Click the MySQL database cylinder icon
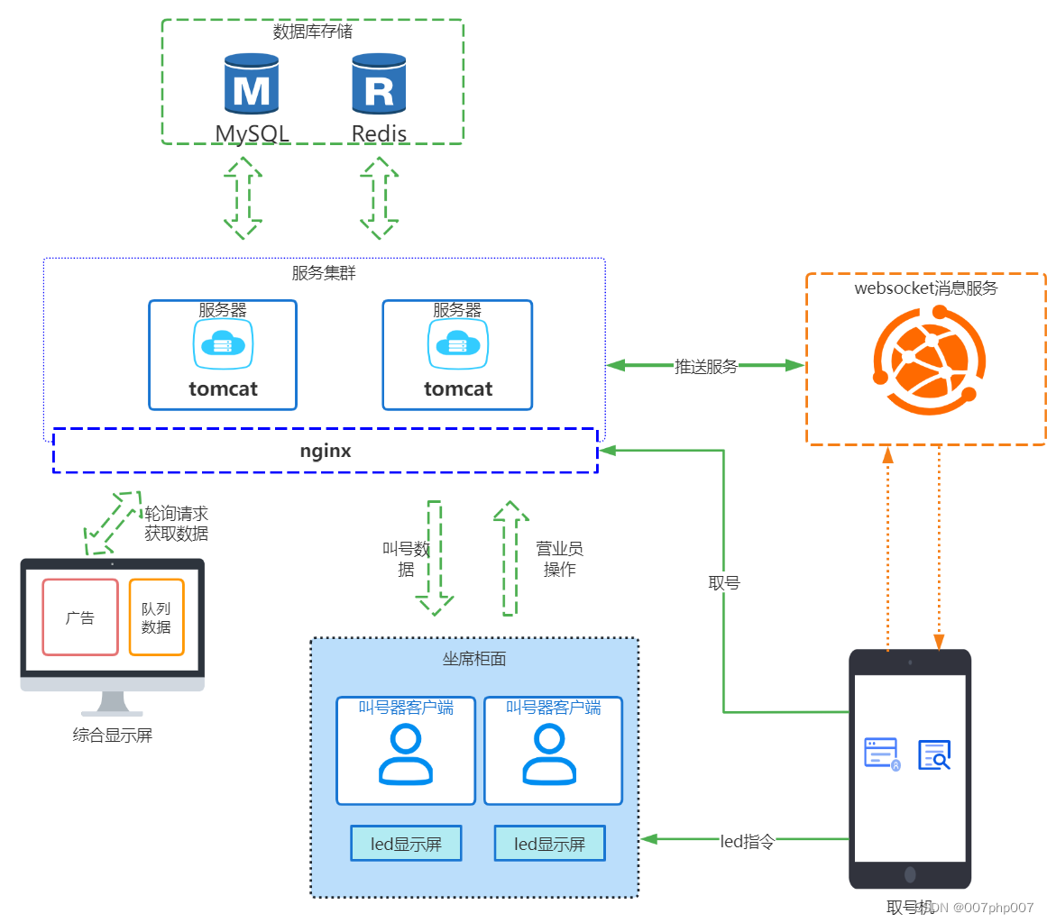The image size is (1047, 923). tap(251, 87)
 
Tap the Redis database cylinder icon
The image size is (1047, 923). tap(379, 87)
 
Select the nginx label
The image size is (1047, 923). tap(326, 451)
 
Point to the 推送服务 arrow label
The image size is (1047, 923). tap(706, 366)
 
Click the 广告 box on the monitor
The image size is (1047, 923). tap(80, 617)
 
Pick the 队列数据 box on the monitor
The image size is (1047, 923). tap(156, 617)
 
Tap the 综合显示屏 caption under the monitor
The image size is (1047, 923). tap(113, 736)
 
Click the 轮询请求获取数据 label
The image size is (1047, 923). tap(177, 523)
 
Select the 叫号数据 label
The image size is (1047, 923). tap(407, 559)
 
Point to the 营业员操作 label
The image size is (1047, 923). tap(559, 559)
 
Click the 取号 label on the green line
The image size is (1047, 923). tap(724, 583)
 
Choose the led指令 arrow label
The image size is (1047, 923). tap(747, 842)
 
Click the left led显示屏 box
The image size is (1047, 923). tap(406, 844)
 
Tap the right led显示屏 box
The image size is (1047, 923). tap(549, 844)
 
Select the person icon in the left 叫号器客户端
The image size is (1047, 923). tap(406, 754)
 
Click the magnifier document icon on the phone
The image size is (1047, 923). tap(934, 754)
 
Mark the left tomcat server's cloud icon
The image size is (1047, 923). tap(222, 343)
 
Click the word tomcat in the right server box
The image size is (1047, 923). tap(458, 388)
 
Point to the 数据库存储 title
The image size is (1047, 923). tap(313, 32)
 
